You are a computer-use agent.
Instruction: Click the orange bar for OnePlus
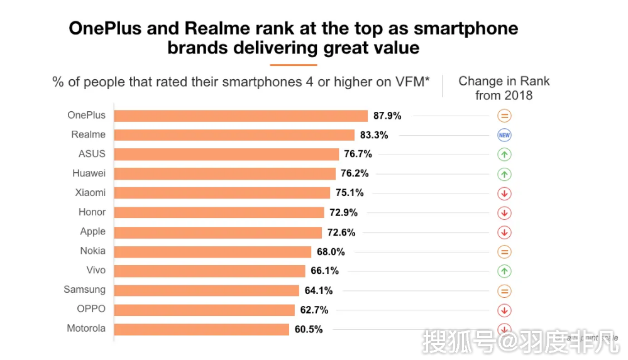point(241,116)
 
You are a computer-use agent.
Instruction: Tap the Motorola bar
point(202,329)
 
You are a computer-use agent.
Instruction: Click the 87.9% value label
point(387,116)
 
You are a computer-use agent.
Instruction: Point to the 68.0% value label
point(331,252)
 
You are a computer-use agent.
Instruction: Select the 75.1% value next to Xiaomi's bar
point(350,193)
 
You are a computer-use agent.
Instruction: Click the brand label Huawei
point(89,173)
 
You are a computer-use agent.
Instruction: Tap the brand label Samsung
point(84,290)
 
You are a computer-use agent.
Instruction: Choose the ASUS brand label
point(92,154)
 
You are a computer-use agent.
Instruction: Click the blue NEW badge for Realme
point(504,135)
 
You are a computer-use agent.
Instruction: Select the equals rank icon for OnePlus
point(504,116)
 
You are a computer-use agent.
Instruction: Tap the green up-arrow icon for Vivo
point(504,271)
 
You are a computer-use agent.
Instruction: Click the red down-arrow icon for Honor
point(504,213)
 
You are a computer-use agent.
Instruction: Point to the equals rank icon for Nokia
point(504,252)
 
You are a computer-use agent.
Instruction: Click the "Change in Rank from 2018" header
point(504,88)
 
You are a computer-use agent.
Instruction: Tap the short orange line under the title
point(293,64)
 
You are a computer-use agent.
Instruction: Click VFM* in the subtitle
point(414,82)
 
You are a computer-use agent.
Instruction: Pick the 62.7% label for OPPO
point(314,310)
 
